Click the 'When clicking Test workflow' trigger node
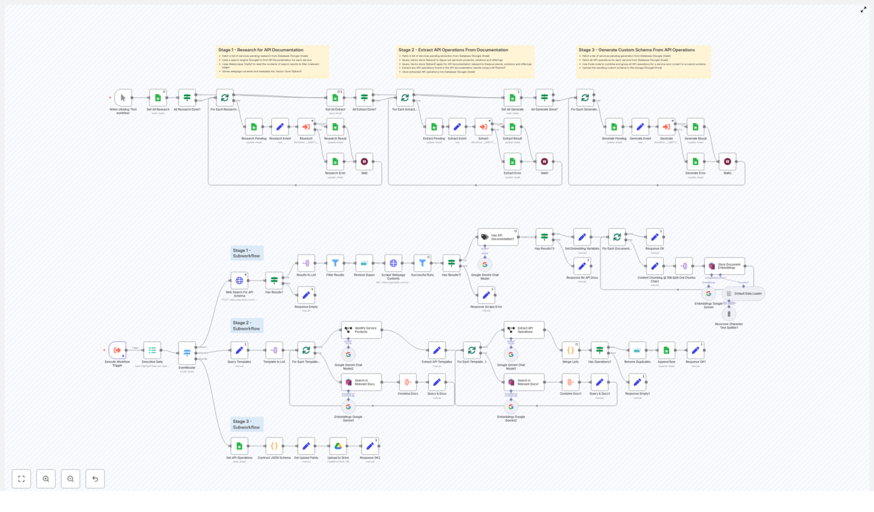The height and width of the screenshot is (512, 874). click(x=123, y=98)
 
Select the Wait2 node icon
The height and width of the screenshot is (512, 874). click(x=727, y=162)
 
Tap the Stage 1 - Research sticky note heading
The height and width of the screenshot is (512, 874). click(x=261, y=50)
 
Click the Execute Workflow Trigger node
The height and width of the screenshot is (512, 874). click(x=117, y=350)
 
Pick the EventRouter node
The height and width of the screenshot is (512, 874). click(x=187, y=353)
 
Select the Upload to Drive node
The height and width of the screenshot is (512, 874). click(x=338, y=446)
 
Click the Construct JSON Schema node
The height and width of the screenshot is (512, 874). click(x=274, y=446)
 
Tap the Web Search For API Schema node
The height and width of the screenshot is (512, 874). click(x=239, y=281)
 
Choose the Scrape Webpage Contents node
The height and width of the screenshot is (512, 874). click(x=393, y=263)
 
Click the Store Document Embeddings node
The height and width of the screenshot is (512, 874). click(x=724, y=266)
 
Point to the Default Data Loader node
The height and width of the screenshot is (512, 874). click(x=743, y=294)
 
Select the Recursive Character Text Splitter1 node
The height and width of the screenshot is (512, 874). click(x=729, y=314)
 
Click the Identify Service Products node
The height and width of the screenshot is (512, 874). click(x=361, y=330)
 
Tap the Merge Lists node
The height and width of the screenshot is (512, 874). click(x=570, y=350)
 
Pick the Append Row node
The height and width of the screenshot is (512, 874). click(x=666, y=350)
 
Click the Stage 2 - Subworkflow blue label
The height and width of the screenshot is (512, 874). click(x=246, y=326)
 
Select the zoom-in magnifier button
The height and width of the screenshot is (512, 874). click(x=46, y=479)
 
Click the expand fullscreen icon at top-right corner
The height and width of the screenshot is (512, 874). click(x=864, y=9)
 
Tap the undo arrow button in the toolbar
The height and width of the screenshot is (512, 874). click(x=95, y=479)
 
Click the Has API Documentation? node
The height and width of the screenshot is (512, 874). click(x=498, y=237)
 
